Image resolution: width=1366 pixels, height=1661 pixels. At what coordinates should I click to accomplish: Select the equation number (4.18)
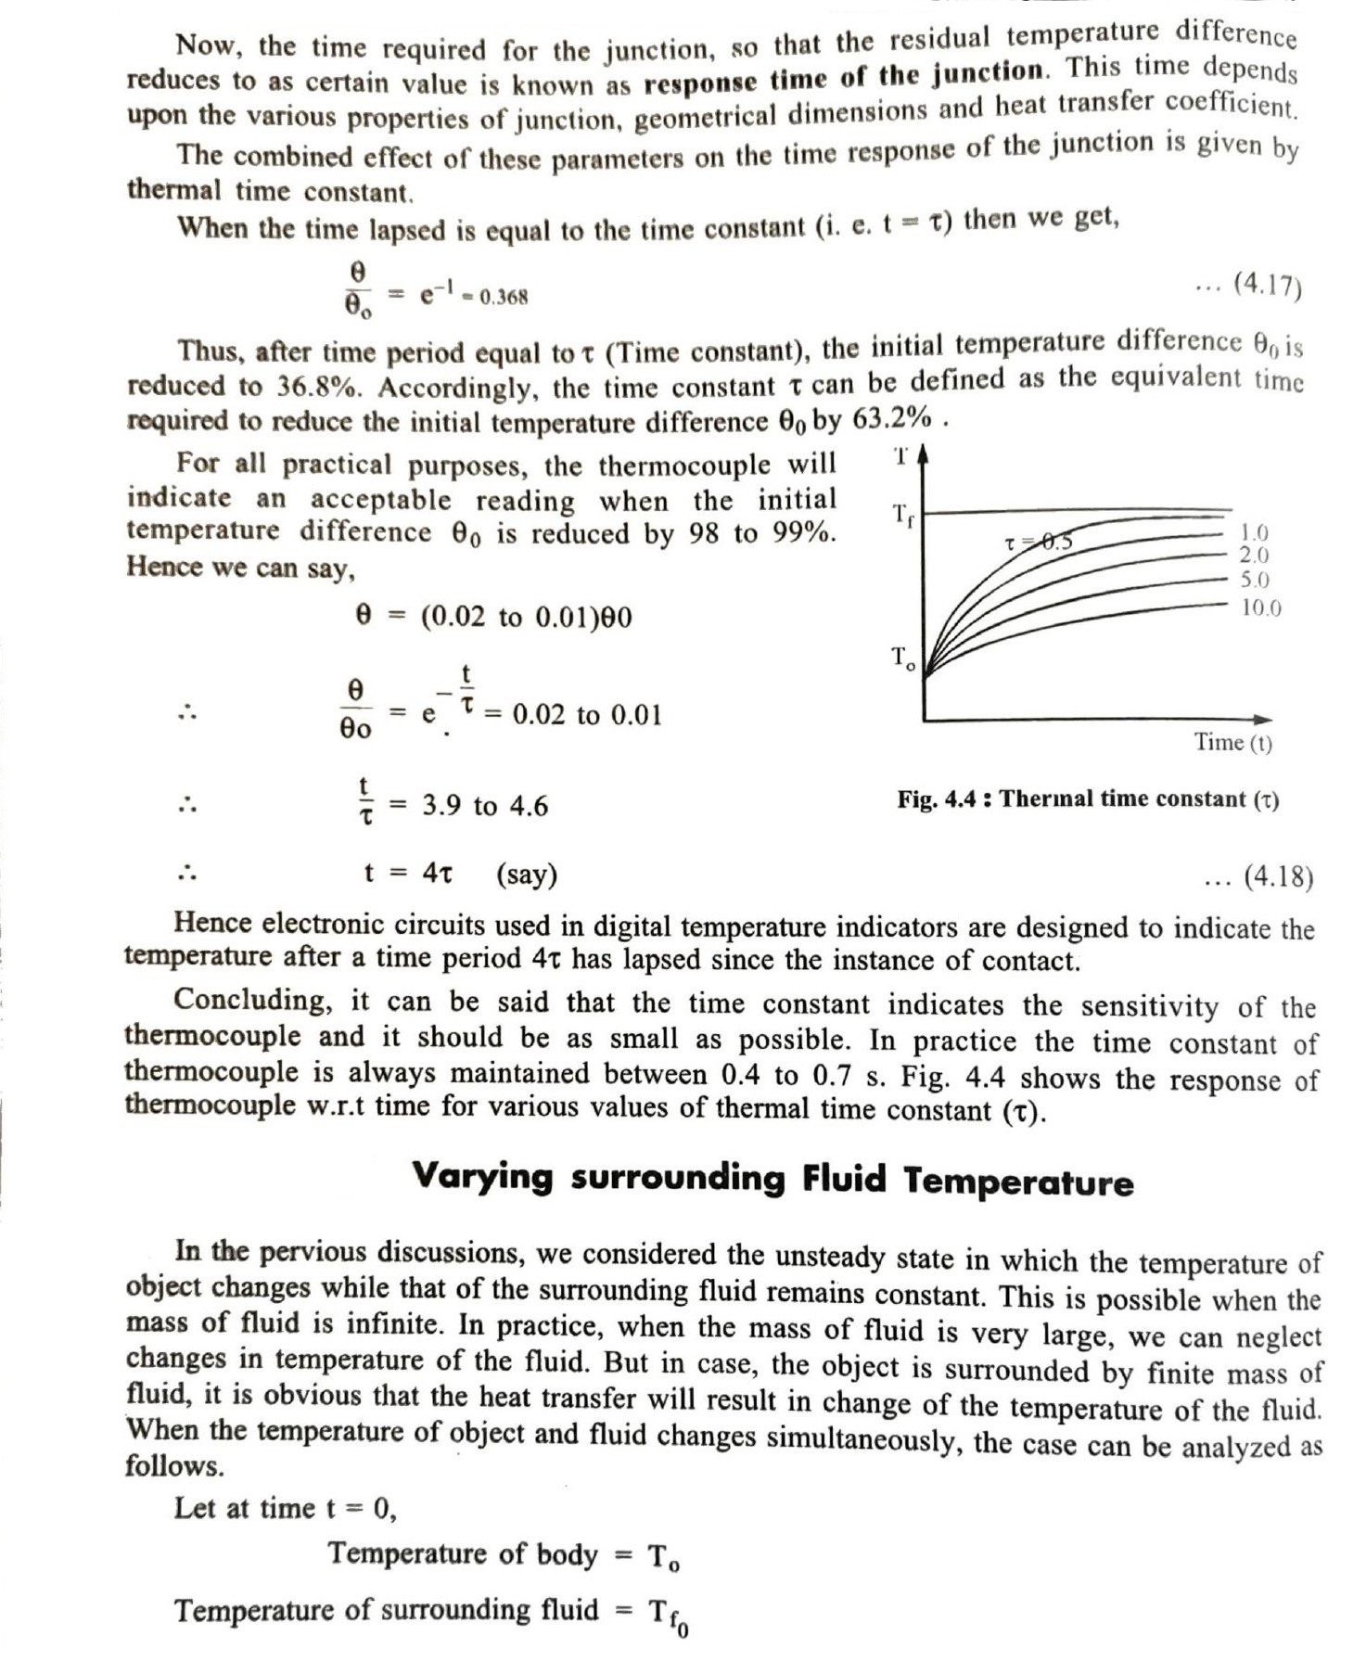coord(1277,875)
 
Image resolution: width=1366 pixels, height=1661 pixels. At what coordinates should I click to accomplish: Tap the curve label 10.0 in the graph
coord(1261,608)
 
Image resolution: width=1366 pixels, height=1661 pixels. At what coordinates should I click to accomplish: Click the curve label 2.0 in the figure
coord(1255,556)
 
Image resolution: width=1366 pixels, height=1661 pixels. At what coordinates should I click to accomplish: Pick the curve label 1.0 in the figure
coord(1255,532)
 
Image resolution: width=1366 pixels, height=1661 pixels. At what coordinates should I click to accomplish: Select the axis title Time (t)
coord(1232,742)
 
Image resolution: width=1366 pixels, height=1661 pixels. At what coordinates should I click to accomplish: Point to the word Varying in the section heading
coord(482,1176)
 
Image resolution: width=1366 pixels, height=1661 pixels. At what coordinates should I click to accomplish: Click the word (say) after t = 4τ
coord(527,874)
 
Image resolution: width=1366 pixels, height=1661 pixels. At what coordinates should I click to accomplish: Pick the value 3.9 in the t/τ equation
coord(442,805)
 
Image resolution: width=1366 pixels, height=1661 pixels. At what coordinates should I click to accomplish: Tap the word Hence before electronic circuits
coord(212,923)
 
